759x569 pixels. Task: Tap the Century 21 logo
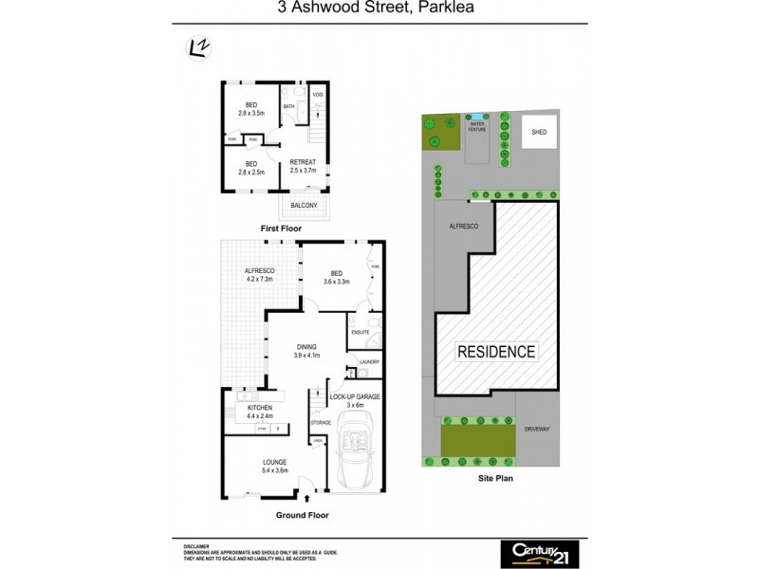538,552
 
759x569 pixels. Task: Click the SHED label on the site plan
540,133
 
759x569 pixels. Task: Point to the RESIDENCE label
497,352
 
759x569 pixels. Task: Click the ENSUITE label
360,332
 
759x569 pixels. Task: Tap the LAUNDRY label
369,361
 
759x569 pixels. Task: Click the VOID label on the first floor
319,95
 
